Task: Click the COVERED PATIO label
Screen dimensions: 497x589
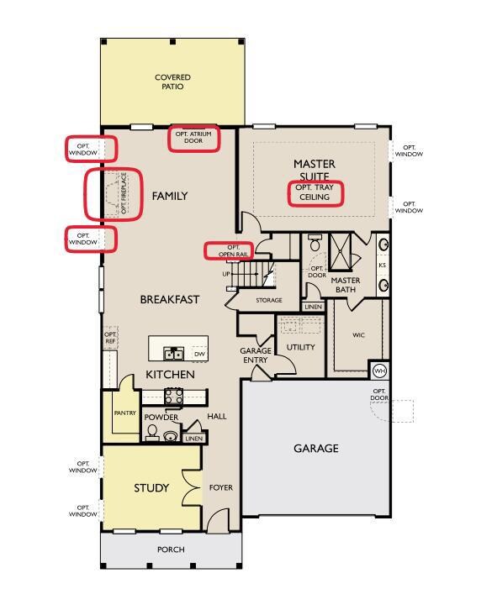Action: (172, 82)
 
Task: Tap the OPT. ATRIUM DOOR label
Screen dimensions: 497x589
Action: (193, 137)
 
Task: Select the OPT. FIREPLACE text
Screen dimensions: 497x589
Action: (124, 193)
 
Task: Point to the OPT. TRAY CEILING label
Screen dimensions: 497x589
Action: (315, 192)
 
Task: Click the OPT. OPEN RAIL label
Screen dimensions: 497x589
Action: (233, 251)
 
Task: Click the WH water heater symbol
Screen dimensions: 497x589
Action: (379, 371)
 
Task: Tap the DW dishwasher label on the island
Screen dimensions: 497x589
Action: (199, 354)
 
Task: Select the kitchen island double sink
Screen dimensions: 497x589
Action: (174, 354)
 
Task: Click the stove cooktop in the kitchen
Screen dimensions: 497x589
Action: (174, 396)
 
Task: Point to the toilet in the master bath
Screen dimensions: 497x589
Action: (315, 244)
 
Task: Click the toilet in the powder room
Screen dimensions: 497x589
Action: (152, 432)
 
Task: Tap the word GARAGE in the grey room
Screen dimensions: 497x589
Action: (316, 448)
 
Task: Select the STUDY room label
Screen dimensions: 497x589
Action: (151, 488)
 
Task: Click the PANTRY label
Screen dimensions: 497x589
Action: (124, 413)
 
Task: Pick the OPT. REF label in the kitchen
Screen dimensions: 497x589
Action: (110, 338)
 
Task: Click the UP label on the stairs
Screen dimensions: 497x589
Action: (226, 274)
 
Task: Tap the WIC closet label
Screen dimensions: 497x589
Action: (358, 334)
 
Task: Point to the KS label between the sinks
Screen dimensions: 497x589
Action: (383, 266)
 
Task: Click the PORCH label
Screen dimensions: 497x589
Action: (171, 550)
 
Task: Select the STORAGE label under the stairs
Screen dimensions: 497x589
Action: (269, 300)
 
